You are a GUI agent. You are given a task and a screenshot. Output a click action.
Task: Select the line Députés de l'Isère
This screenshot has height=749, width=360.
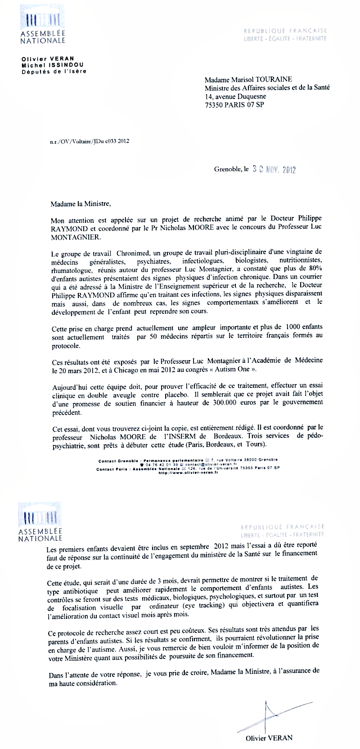point(54,71)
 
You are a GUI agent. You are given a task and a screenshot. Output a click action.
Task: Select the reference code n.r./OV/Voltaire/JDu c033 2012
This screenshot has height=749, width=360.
point(90,141)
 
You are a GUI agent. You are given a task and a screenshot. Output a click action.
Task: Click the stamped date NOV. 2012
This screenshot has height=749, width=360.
point(282,170)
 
